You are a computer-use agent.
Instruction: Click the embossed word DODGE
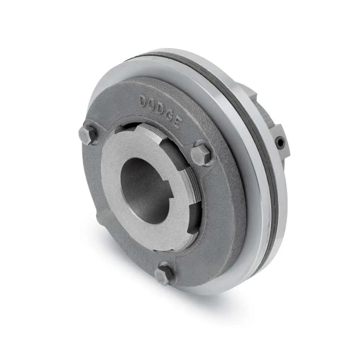tap(159, 111)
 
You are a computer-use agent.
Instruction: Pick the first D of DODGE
tap(143, 101)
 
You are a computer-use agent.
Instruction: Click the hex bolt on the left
tap(88, 135)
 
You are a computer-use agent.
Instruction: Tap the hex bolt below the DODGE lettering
tap(201, 153)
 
